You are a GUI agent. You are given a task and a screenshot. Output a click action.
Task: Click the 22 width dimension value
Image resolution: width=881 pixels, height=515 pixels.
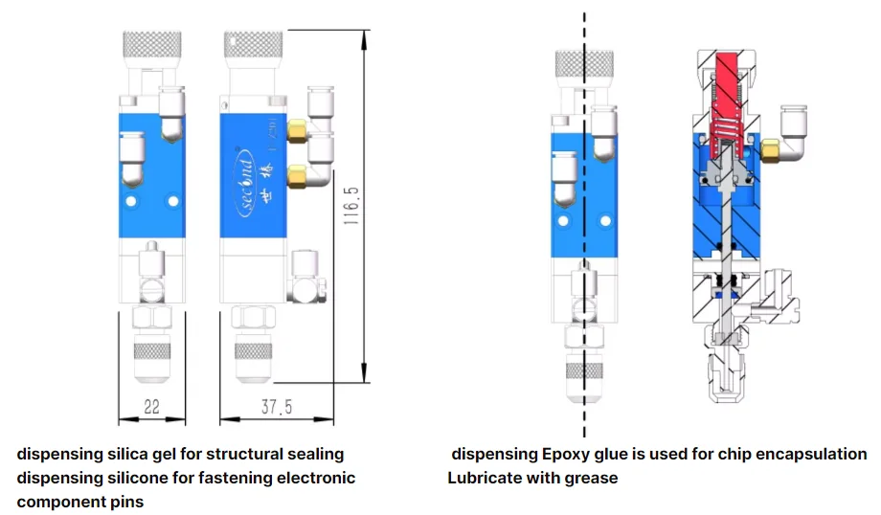tap(151, 407)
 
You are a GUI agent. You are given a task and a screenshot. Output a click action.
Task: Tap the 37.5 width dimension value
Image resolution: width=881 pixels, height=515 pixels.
tap(276, 407)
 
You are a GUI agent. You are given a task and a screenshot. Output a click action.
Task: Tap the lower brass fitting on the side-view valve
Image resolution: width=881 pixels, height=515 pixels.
tap(299, 174)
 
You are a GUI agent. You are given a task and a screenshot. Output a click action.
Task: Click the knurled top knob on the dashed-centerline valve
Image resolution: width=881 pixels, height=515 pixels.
tap(584, 63)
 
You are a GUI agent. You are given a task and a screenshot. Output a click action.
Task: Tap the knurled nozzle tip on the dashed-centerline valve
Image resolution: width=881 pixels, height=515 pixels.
tap(584, 371)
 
